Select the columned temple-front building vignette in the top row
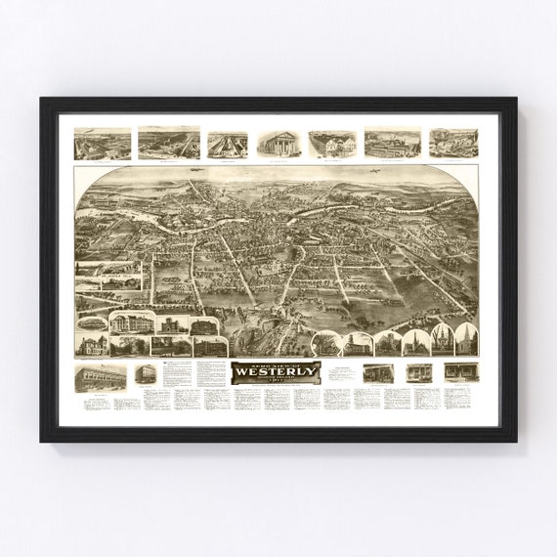click(278, 143)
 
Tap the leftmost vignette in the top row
click(102, 144)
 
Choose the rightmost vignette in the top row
click(453, 143)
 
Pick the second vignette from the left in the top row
click(168, 143)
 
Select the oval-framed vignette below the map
click(92, 322)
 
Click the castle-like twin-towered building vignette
click(172, 323)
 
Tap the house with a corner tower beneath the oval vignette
click(92, 344)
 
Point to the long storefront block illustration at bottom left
click(101, 377)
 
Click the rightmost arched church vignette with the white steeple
click(466, 339)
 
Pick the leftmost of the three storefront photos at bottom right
click(377, 372)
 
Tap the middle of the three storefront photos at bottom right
click(419, 372)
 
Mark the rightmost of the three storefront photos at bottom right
click(460, 372)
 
